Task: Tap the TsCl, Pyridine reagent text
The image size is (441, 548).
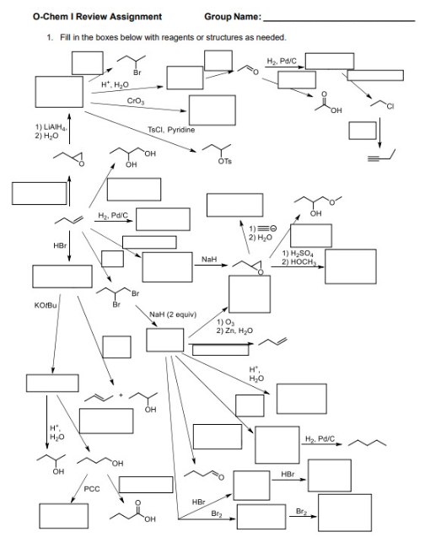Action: point(171,130)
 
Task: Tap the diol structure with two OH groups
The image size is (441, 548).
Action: point(138,158)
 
